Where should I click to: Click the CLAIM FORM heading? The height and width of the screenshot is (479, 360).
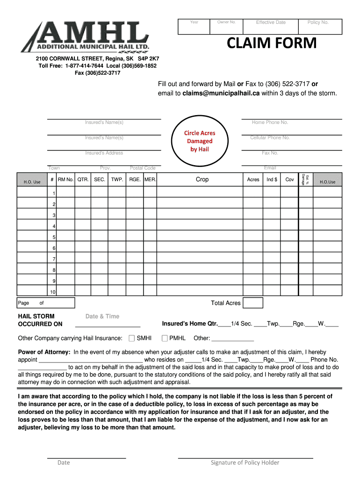272,44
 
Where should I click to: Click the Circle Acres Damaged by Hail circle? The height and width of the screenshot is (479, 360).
200,141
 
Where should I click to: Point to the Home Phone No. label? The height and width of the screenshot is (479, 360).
270,123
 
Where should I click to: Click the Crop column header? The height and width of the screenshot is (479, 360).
202,180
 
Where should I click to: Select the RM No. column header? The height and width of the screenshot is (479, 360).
66,180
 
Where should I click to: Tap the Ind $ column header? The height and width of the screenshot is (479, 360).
272,180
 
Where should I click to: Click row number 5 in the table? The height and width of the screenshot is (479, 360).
54,237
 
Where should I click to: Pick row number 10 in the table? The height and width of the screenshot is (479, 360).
53,292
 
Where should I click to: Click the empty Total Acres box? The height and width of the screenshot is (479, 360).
253,303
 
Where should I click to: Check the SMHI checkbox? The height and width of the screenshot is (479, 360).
131,338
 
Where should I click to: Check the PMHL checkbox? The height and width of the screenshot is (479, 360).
165,338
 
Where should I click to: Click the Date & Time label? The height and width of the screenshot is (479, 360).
102,316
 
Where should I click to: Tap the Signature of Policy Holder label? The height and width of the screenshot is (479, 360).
245,463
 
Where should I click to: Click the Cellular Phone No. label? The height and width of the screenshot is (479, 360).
270,138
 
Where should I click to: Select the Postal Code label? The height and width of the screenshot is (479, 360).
143,168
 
